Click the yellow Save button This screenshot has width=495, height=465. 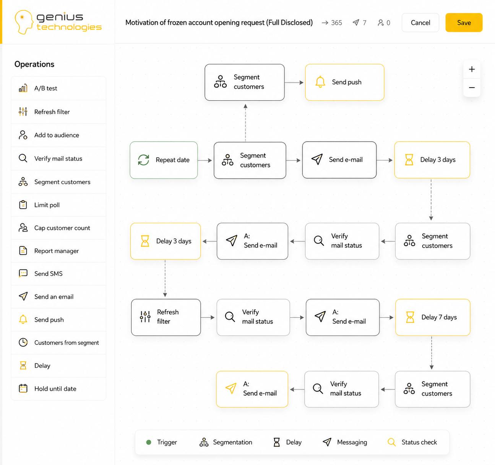click(464, 23)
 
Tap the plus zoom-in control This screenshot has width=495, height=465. click(472, 69)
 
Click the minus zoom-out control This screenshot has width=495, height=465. click(472, 88)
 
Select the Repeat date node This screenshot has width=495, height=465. click(164, 160)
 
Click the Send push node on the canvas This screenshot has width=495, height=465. click(344, 82)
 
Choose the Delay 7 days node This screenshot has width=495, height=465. click(433, 317)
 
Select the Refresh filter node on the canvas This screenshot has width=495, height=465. click(166, 317)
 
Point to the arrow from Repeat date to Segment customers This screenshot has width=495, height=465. click(205, 160)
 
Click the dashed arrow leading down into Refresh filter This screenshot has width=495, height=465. click(165, 278)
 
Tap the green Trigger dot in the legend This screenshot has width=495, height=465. click(149, 442)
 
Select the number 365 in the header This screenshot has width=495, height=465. click(336, 23)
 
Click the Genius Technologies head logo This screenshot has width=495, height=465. click(24, 22)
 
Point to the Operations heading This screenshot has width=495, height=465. click(34, 64)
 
